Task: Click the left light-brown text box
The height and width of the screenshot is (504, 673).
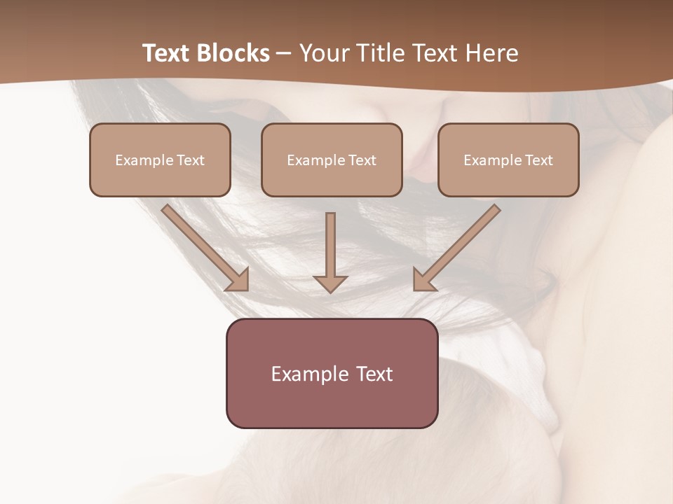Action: click(160, 160)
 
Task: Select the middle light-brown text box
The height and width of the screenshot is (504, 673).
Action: click(332, 160)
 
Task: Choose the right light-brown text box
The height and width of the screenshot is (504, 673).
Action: click(508, 160)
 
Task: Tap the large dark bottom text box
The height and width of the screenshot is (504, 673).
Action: click(332, 373)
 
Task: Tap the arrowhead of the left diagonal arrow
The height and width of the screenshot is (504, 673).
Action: click(239, 280)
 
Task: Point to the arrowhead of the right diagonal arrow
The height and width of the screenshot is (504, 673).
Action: click(423, 280)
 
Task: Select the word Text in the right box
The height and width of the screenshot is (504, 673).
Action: click(538, 160)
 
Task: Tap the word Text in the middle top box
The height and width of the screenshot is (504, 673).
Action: click(362, 160)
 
